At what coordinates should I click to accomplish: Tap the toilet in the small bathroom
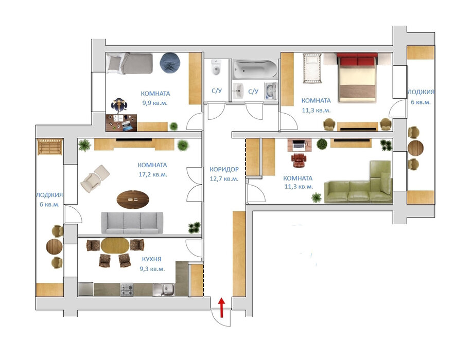[x=216, y=68]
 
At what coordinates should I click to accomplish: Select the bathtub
[x=255, y=69]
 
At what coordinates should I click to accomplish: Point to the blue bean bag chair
[x=170, y=63]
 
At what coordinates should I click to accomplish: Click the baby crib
[x=312, y=68]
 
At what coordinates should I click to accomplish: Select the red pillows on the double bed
[x=357, y=60]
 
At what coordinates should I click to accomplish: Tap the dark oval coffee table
[x=133, y=200]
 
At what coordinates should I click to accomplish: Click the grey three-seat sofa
[x=132, y=223]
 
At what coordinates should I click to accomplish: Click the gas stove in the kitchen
[x=127, y=290]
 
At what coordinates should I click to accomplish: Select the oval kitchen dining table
[x=115, y=245]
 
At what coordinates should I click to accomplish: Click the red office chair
[x=299, y=160]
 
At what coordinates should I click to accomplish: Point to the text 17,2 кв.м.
[x=153, y=174]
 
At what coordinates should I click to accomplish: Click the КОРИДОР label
[x=224, y=169]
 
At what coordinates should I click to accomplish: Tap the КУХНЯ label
[x=151, y=259]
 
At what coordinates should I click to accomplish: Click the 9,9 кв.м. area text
[x=155, y=103]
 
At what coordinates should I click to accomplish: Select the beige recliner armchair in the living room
[x=95, y=178]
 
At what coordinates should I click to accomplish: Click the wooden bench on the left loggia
[x=49, y=147]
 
